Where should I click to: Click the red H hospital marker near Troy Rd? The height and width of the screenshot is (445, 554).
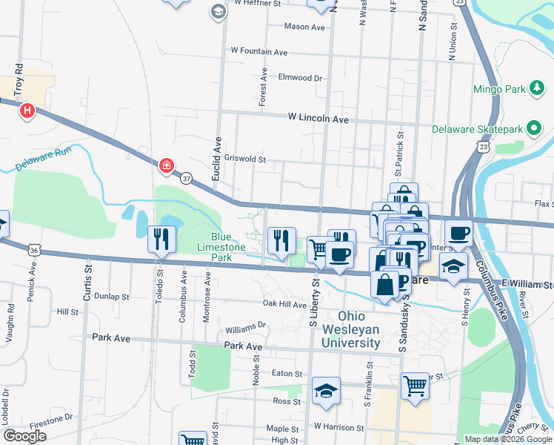27,112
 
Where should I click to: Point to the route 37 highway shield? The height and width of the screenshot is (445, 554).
186,178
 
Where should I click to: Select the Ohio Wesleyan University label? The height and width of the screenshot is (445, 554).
350,329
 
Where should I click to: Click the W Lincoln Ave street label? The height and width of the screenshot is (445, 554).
318,119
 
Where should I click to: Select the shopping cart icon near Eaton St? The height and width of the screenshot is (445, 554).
415,385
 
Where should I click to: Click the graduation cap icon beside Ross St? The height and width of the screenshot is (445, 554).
325,391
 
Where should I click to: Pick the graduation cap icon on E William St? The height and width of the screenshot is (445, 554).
453,266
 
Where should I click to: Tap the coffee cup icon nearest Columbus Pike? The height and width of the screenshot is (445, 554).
458,232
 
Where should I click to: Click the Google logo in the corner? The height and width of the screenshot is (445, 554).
24,436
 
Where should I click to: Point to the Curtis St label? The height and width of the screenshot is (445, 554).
87,273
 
